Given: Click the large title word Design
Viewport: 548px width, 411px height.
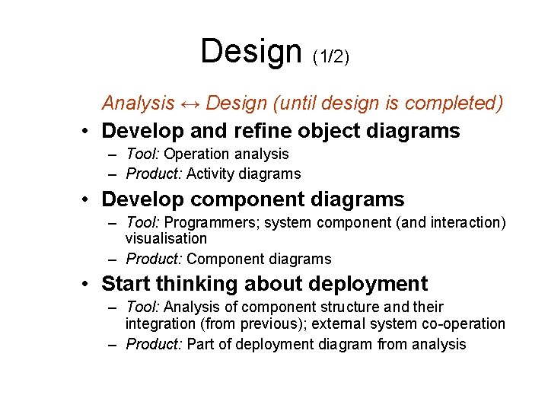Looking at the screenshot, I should tap(250, 52).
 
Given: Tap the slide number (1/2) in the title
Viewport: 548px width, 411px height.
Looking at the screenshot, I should tap(331, 56).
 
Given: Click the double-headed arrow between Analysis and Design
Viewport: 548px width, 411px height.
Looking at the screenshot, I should tap(190, 103).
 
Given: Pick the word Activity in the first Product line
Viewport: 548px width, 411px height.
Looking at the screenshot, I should tap(211, 174).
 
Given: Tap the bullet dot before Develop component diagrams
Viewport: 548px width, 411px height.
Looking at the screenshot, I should tap(89, 200).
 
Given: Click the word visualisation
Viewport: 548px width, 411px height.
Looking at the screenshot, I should tap(166, 238).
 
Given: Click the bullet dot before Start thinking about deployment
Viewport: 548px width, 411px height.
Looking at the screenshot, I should tap(89, 285).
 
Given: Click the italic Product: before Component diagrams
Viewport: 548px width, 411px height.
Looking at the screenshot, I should tap(154, 259).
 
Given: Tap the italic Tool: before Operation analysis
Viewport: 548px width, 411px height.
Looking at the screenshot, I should tap(143, 155).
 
